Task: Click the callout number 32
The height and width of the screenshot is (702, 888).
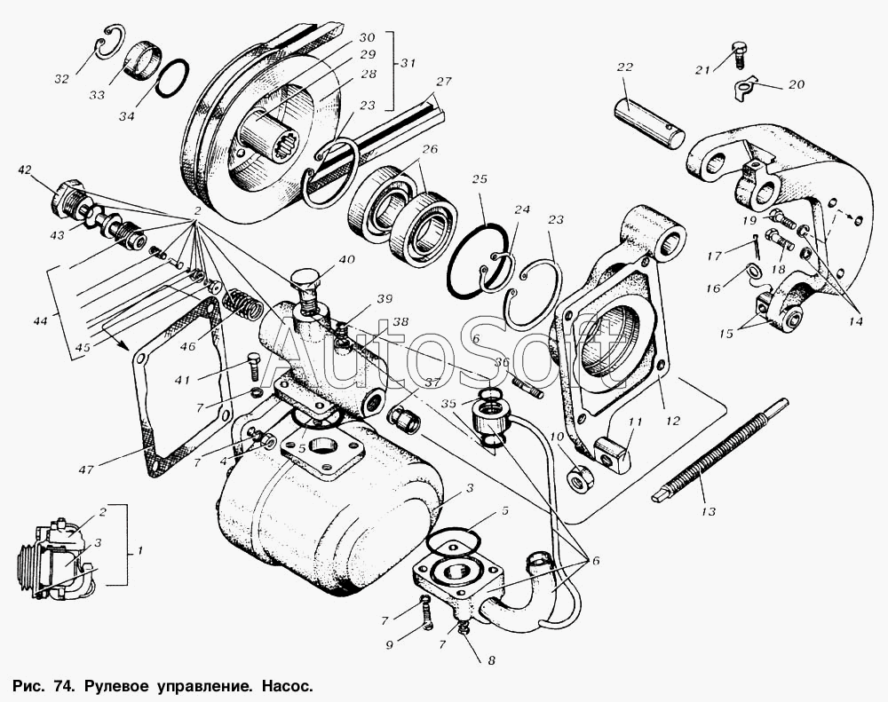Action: (61, 79)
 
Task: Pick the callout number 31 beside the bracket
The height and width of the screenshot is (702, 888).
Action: (408, 63)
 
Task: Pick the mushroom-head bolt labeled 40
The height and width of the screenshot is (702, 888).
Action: (306, 285)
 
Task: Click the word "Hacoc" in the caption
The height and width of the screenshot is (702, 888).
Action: (286, 686)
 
